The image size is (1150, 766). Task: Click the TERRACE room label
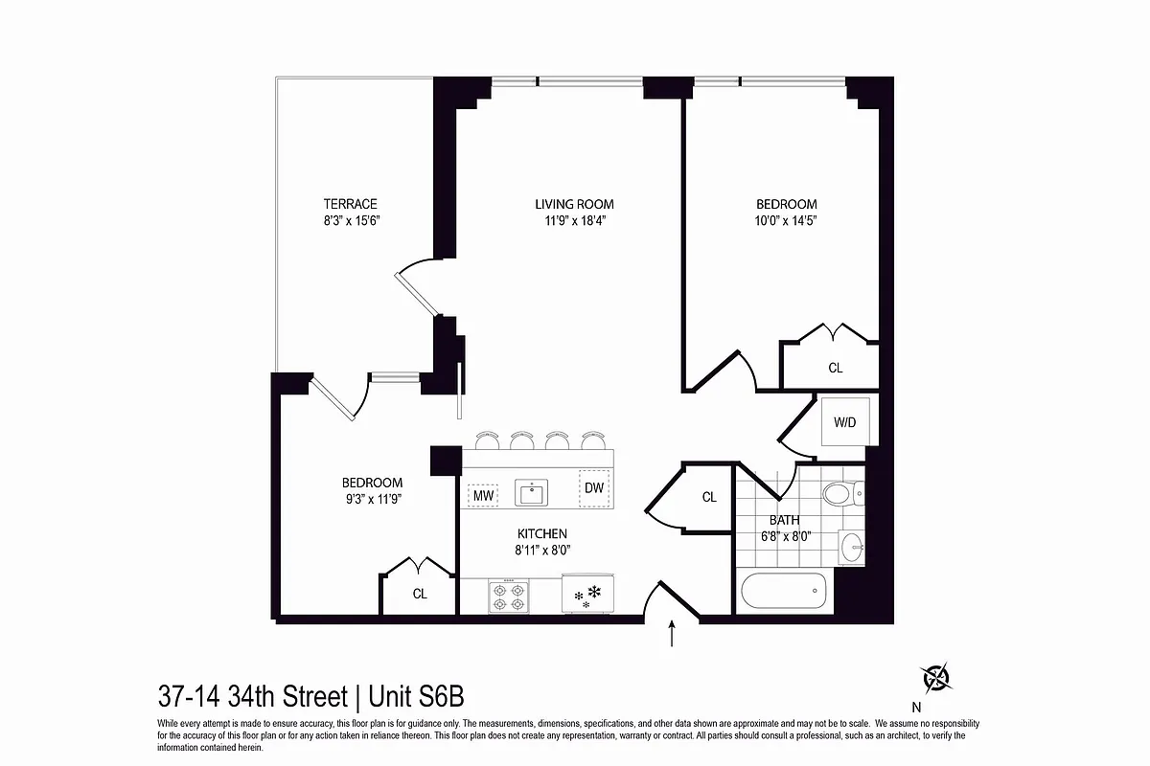pyautogui.click(x=350, y=204)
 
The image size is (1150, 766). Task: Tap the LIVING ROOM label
pyautogui.click(x=574, y=204)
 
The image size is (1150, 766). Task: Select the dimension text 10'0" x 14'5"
pyautogui.click(x=786, y=220)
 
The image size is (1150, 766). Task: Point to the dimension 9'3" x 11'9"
pyautogui.click(x=372, y=499)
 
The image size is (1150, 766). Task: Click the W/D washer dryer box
pyautogui.click(x=845, y=421)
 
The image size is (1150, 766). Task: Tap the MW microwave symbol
pyautogui.click(x=482, y=495)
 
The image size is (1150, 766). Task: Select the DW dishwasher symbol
pyautogui.click(x=594, y=487)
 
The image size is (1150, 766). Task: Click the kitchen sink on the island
pyautogui.click(x=530, y=494)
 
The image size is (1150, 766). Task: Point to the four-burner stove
pyautogui.click(x=508, y=597)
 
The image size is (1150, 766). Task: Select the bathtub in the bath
pyautogui.click(x=782, y=591)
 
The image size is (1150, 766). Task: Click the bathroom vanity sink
pyautogui.click(x=850, y=547)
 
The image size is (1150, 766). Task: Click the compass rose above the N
pyautogui.click(x=936, y=678)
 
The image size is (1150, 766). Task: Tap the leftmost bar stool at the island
pyautogui.click(x=487, y=440)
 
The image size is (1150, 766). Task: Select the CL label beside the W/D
pyautogui.click(x=835, y=368)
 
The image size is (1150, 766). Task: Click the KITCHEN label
pyautogui.click(x=542, y=533)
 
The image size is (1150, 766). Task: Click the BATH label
pyautogui.click(x=785, y=520)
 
